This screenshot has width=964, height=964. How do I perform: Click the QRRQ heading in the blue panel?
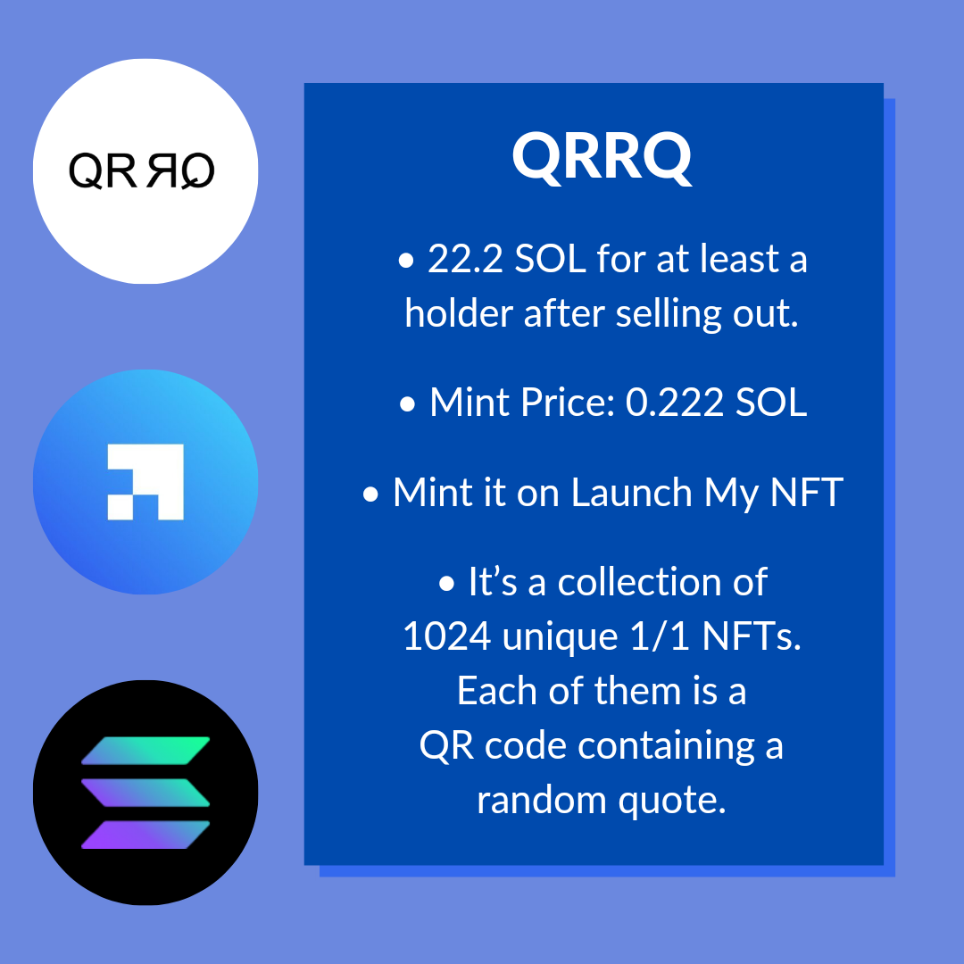[602, 157]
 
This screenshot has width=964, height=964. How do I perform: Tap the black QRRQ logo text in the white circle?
[141, 170]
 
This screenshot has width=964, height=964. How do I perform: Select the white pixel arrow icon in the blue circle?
[145, 482]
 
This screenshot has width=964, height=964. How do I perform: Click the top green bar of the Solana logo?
[145, 751]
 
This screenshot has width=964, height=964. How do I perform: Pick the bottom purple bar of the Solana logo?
[145, 835]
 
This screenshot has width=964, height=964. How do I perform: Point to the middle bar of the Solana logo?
[145, 794]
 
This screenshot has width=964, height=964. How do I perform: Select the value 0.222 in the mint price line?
[675, 403]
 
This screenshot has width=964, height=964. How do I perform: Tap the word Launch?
[631, 493]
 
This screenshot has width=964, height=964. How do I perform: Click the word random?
[542, 800]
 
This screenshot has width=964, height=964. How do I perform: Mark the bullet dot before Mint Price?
[407, 404]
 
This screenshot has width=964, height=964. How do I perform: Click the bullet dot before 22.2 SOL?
[406, 260]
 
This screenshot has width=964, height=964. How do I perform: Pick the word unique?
[560, 637]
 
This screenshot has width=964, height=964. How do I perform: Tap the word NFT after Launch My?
[806, 493]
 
